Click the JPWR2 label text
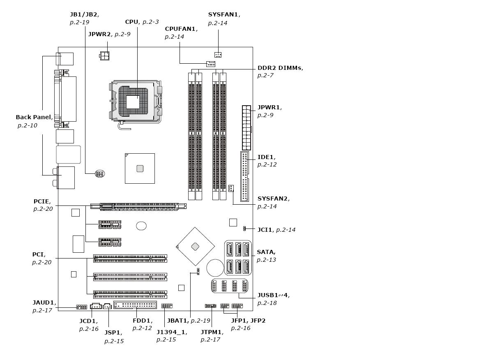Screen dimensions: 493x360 coord(99,34)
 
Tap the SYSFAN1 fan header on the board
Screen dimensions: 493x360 coord(218,55)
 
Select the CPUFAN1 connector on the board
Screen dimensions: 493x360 coord(211,64)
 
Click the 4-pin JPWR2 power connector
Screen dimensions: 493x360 coord(104,55)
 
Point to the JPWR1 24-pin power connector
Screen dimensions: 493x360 coord(246,128)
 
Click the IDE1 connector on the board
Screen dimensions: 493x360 coord(244,176)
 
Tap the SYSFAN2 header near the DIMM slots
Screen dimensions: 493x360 coord(231,189)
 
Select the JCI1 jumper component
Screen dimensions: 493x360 coord(244,228)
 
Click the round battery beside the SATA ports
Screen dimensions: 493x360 coord(215,268)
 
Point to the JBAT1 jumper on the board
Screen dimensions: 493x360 coord(198,272)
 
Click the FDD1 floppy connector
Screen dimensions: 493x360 coord(135,305)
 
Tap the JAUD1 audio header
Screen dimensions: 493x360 coord(81,307)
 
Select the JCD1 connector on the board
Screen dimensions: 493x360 coord(96,306)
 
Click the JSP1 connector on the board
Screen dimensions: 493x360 coord(107,306)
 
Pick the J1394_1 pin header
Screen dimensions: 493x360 coord(167,306)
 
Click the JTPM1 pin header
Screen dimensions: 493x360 coord(211,306)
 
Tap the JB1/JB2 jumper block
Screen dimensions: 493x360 coord(100,174)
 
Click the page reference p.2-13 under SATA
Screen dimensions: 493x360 coord(266,260)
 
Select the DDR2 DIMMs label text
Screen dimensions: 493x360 coord(280,68)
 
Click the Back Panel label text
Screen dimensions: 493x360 coord(34,117)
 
